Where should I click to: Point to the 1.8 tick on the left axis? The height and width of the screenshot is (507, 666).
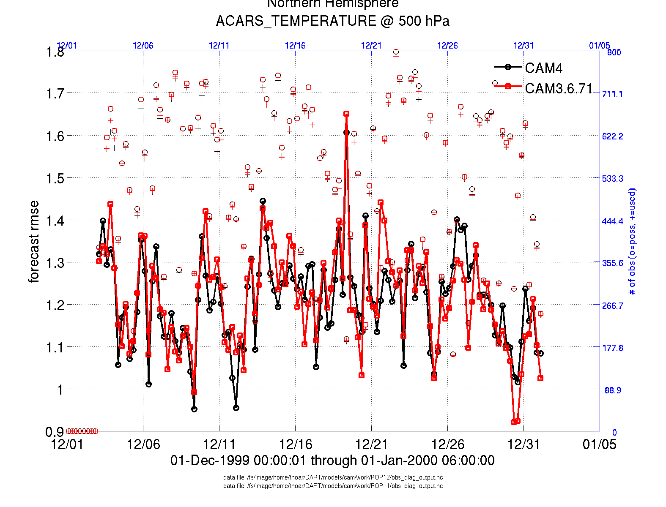[x=55, y=52]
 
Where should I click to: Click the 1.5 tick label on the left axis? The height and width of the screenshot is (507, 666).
[x=55, y=178]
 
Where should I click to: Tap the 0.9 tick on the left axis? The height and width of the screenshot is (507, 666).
[x=55, y=431]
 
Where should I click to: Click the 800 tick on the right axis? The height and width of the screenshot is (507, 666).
[x=614, y=52]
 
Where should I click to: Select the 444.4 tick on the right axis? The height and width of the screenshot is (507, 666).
[x=612, y=221]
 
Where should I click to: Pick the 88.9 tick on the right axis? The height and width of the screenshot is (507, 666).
[x=613, y=390]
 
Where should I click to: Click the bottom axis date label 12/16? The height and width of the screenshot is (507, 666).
[x=295, y=444]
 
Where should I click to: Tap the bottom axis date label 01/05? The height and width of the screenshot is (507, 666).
[x=599, y=444]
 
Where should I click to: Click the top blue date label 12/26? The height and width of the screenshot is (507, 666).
[x=447, y=45]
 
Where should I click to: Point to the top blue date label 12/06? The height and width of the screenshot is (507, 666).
[x=143, y=45]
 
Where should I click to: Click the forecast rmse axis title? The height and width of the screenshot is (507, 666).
[x=34, y=242]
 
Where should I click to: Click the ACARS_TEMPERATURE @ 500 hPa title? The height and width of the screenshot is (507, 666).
[x=332, y=21]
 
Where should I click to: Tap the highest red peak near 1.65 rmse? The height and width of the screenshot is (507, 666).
[x=346, y=114]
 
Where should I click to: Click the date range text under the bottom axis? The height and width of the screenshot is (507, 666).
[x=332, y=460]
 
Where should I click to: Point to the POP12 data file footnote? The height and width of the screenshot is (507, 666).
[x=333, y=477]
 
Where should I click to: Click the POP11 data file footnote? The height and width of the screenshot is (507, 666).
[x=333, y=486]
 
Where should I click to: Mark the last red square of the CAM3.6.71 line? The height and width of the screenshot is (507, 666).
[x=540, y=378]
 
